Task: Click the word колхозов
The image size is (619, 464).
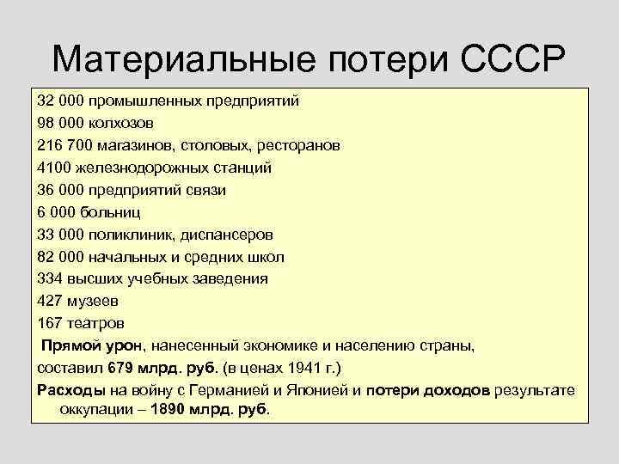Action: coord(120,123)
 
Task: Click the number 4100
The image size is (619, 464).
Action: coord(53,168)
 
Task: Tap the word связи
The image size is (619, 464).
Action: coord(205,190)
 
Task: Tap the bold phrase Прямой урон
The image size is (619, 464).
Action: coord(91,346)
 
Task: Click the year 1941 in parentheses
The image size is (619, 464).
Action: coord(300,369)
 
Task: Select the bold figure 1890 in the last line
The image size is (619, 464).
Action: coord(169,410)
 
